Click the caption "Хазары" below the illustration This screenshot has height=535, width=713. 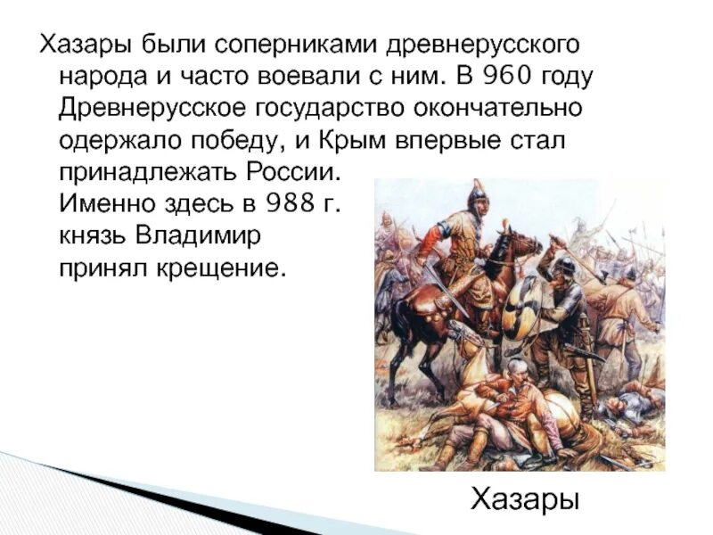[x=524, y=498]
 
